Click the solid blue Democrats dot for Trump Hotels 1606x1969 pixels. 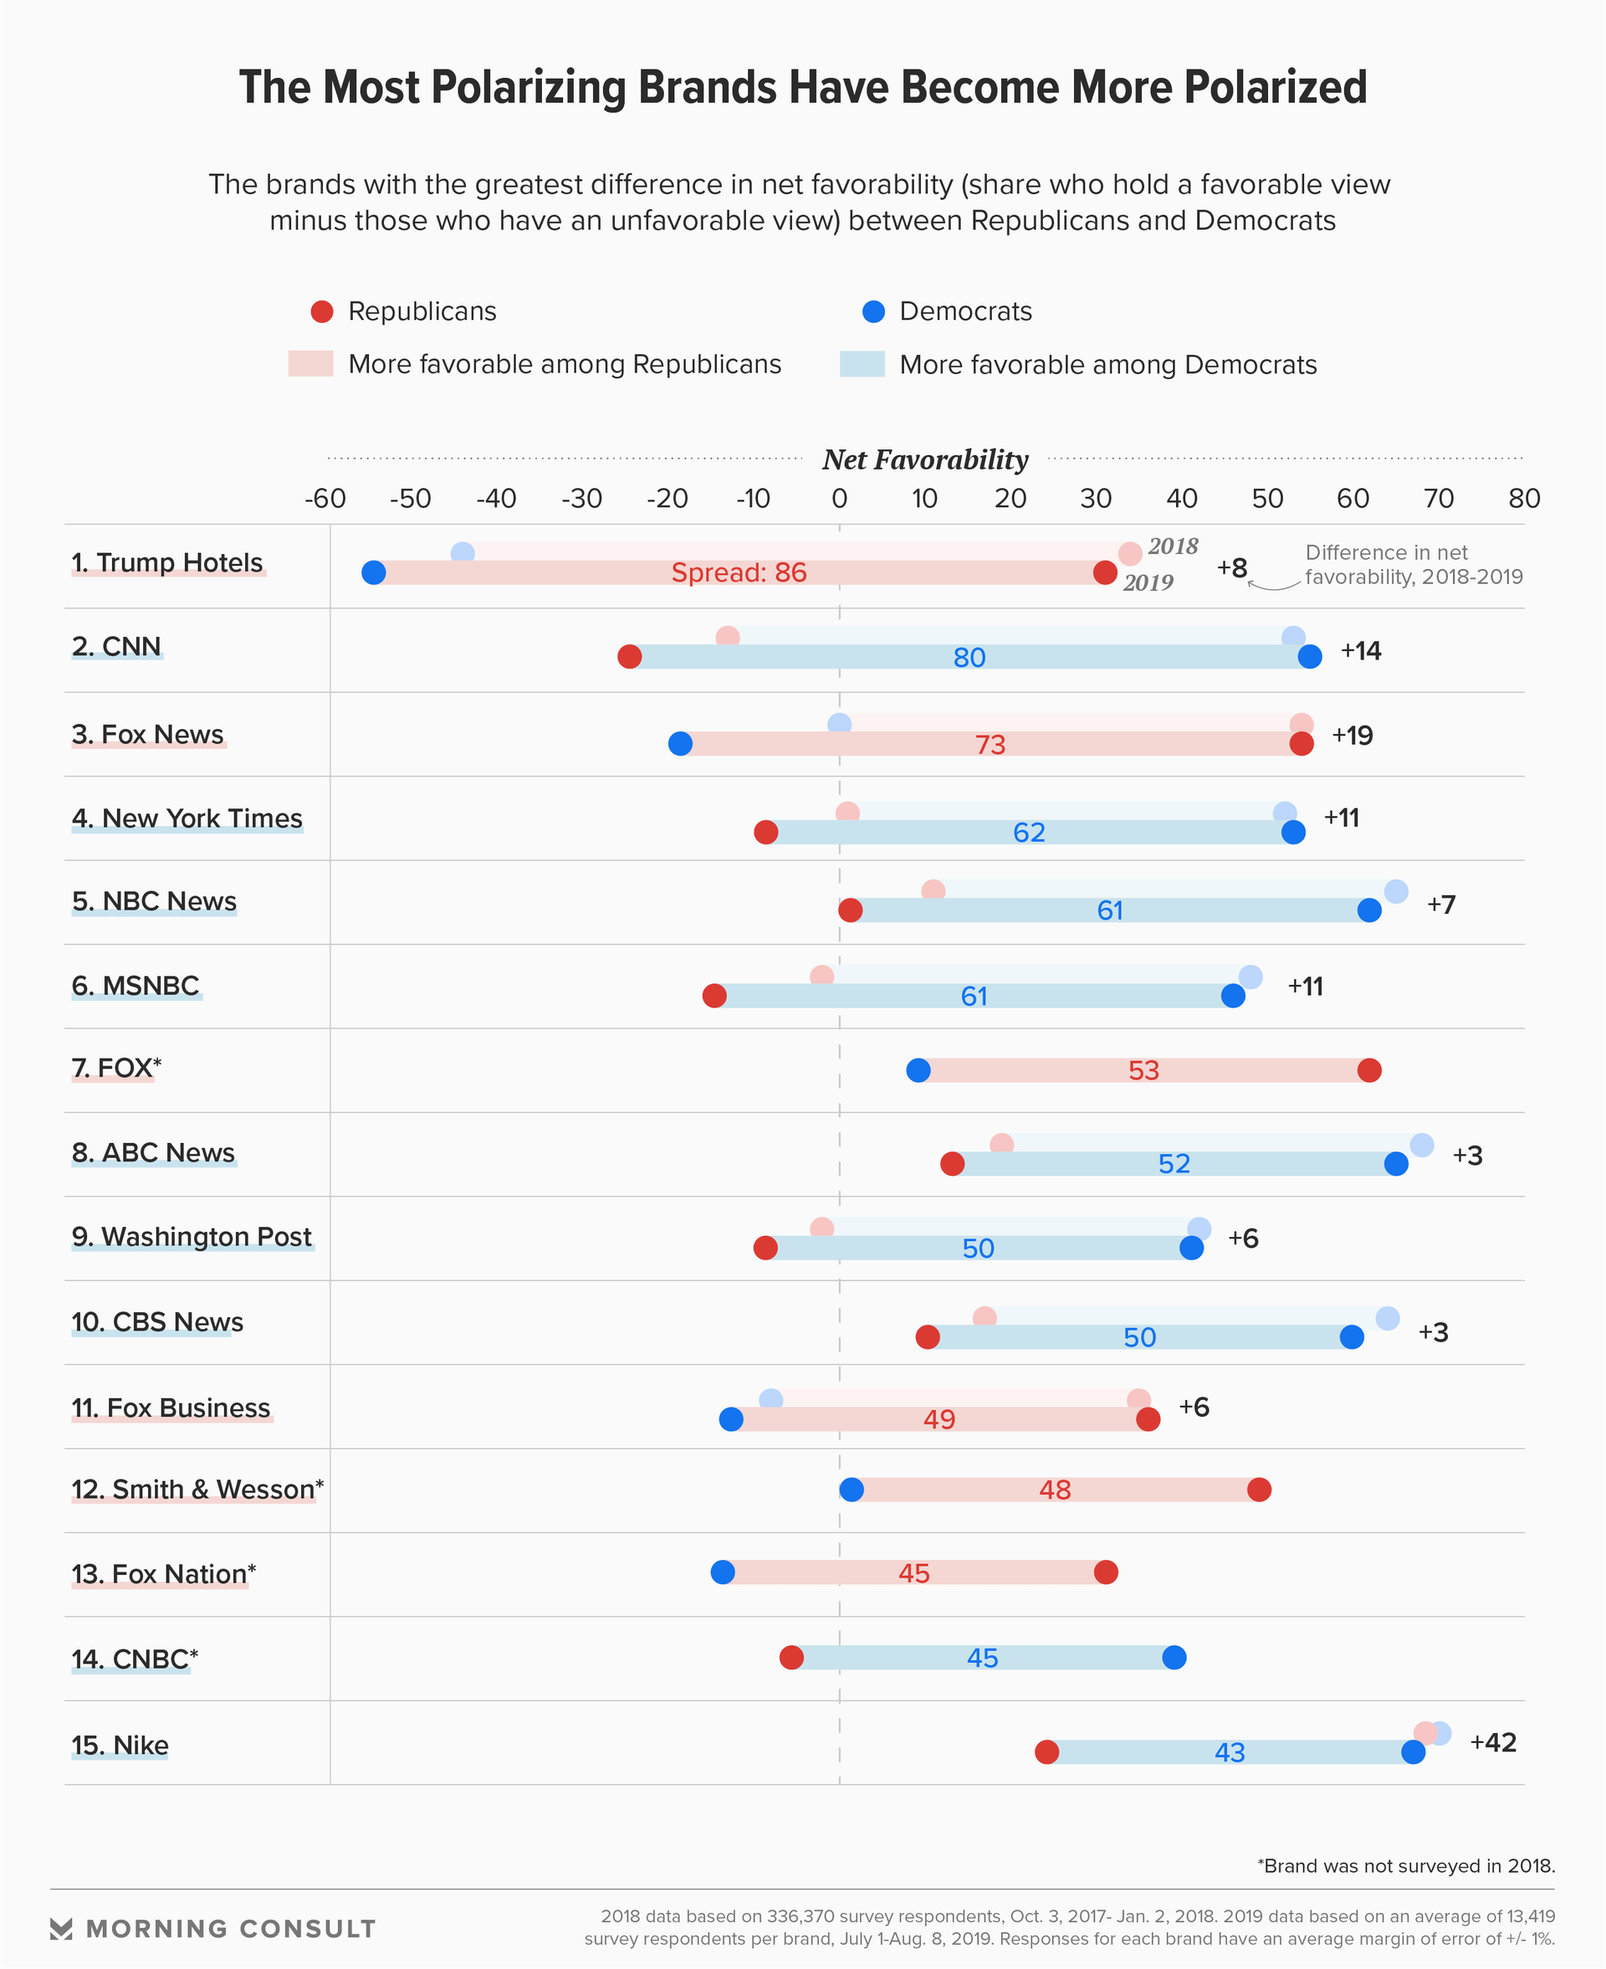pyautogui.click(x=374, y=572)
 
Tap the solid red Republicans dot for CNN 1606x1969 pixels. pyautogui.click(x=630, y=656)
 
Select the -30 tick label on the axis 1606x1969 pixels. pyautogui.click(x=582, y=499)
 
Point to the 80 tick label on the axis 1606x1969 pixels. pyautogui.click(x=1524, y=499)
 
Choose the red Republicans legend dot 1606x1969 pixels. pyautogui.click(x=322, y=312)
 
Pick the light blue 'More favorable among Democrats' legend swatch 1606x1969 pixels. pyautogui.click(x=862, y=364)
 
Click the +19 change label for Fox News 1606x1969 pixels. pyautogui.click(x=1352, y=736)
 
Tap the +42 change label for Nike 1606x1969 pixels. pyautogui.click(x=1493, y=1742)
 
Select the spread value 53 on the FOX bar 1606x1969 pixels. pyautogui.click(x=1143, y=1070)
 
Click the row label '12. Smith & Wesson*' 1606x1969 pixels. pyautogui.click(x=197, y=1489)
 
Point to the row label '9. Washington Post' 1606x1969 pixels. pyautogui.click(x=192, y=1237)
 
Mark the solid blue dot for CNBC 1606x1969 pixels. pyautogui.click(x=1174, y=1657)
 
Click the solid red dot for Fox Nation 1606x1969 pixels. pyautogui.click(x=1106, y=1572)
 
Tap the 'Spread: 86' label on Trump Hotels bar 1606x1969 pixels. pyautogui.click(x=739, y=572)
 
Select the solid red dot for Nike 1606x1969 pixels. pyautogui.click(x=1046, y=1751)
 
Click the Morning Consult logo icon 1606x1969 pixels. pyautogui.click(x=61, y=1929)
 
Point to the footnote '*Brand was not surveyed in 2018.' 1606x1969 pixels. pyautogui.click(x=1406, y=1866)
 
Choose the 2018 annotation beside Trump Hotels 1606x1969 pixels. pyautogui.click(x=1173, y=546)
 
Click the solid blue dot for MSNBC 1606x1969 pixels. pyautogui.click(x=1233, y=996)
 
